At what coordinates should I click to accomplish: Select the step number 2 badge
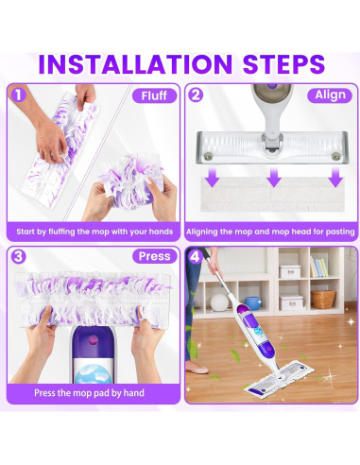196,95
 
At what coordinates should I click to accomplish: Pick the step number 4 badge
196,255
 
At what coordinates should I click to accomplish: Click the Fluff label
153,95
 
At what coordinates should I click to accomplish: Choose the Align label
331,95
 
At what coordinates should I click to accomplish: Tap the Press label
153,256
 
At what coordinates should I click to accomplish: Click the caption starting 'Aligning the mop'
269,232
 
